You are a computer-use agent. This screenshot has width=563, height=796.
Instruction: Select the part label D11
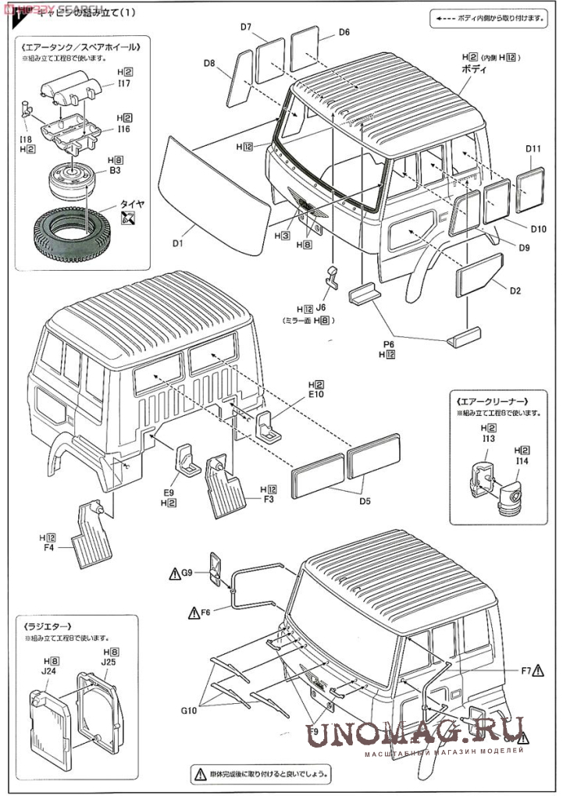pyautogui.click(x=533, y=149)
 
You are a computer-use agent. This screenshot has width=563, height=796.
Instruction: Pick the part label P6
pyautogui.click(x=389, y=343)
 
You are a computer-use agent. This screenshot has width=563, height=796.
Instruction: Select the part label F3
pyautogui.click(x=268, y=498)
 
